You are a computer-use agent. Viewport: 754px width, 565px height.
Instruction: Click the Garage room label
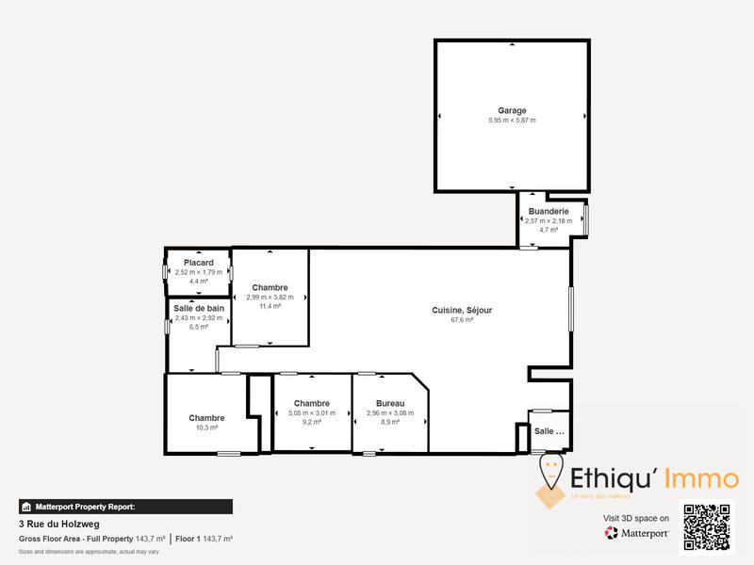[512, 110]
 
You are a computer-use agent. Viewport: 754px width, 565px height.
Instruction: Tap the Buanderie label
[549, 211]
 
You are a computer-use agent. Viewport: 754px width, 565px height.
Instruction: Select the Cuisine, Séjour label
[462, 310]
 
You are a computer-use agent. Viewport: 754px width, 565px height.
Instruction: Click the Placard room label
[198, 263]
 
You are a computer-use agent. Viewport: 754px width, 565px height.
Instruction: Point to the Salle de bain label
[198, 308]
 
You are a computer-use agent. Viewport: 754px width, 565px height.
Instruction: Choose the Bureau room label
[390, 403]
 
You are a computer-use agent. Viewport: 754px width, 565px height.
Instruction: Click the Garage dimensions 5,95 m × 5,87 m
[512, 121]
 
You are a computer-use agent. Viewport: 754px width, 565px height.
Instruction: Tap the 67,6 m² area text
[462, 320]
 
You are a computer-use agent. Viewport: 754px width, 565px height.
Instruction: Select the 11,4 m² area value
[270, 307]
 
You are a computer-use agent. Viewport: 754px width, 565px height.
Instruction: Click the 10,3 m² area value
[206, 428]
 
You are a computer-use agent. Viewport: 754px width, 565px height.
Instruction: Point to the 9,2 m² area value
[311, 423]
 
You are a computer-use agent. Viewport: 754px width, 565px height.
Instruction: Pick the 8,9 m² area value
[390, 423]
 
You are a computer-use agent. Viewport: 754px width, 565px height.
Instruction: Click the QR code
[707, 528]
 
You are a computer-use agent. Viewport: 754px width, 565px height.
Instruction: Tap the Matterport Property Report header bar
[125, 507]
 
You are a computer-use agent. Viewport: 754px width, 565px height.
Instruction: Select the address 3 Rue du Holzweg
[58, 524]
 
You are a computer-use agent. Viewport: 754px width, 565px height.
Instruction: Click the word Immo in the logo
[702, 478]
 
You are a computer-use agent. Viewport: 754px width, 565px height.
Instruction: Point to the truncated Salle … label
[549, 431]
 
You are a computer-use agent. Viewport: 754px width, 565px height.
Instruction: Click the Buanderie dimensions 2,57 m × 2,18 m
[549, 220]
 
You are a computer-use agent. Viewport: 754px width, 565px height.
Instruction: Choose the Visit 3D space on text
[636, 518]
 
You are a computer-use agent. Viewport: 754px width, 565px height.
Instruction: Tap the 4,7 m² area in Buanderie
[549, 230]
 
